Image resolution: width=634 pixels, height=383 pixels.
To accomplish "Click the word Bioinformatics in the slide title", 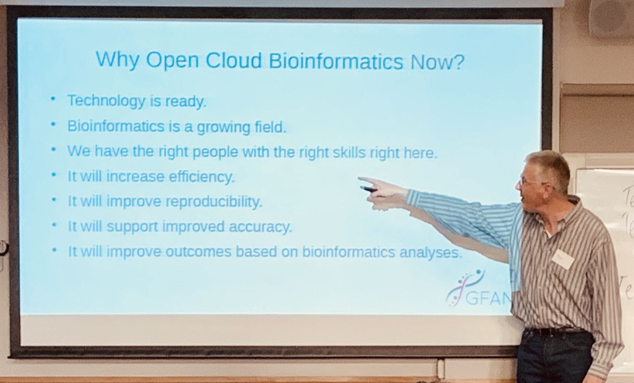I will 336,61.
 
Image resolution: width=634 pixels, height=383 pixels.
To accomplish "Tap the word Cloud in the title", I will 234,61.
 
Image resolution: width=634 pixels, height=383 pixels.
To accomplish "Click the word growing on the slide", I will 223,127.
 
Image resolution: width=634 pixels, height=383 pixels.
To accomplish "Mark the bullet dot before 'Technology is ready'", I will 53,99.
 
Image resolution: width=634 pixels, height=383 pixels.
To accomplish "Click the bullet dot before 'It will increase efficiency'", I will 53,175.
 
